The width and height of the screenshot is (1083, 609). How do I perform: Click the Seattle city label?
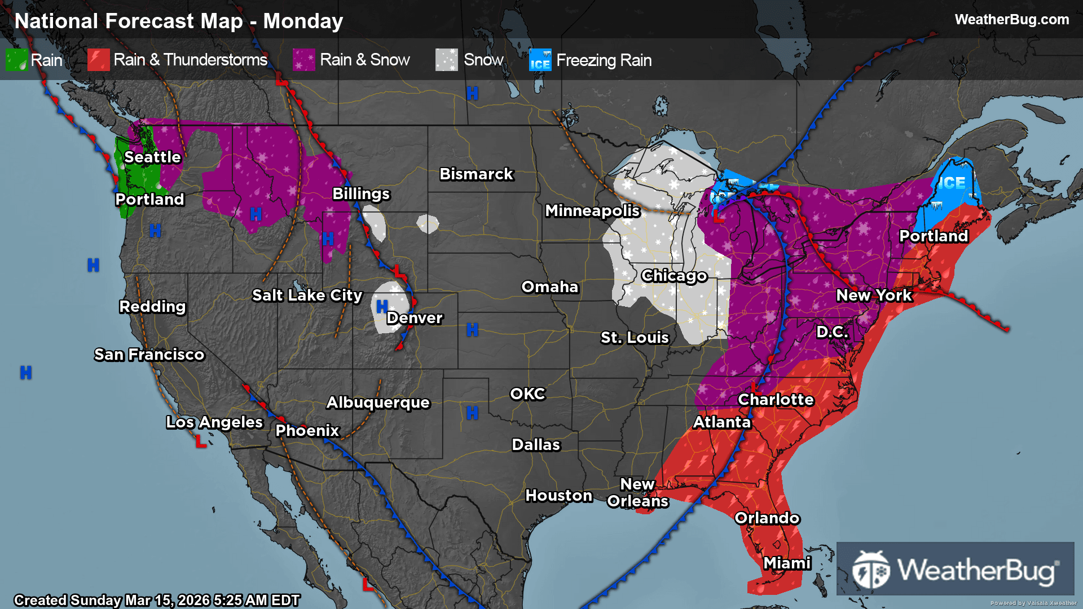click(152, 157)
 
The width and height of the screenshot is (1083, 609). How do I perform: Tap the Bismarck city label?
click(476, 174)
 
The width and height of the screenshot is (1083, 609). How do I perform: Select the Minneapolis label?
click(592, 210)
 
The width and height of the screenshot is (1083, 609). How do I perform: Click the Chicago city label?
click(674, 275)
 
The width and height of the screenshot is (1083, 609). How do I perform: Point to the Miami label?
click(787, 563)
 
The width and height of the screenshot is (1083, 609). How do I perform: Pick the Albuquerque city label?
click(378, 402)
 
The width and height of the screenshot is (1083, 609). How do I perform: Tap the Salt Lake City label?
click(307, 295)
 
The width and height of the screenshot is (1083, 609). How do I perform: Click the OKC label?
click(527, 394)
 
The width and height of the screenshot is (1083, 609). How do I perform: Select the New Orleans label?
click(637, 492)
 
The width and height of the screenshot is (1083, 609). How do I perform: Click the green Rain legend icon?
click(16, 60)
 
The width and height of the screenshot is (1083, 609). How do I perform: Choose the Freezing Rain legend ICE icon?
click(540, 60)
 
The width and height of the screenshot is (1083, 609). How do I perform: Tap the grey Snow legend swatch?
click(446, 60)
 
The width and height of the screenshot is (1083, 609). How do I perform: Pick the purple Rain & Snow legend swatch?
click(303, 60)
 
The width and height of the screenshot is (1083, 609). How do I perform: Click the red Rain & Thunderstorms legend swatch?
click(98, 60)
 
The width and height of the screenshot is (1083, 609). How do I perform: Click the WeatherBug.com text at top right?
click(1011, 19)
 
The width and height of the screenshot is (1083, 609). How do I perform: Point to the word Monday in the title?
click(303, 21)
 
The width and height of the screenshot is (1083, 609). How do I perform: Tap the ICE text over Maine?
click(952, 183)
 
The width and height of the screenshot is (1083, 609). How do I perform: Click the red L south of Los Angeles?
click(200, 441)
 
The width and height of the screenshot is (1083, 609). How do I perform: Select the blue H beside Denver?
click(382, 306)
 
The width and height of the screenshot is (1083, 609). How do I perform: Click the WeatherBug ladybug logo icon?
click(871, 570)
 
